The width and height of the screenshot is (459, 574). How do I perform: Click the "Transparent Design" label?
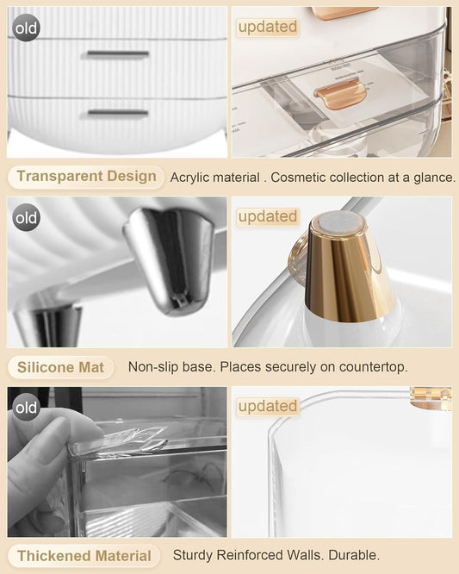point(86,177)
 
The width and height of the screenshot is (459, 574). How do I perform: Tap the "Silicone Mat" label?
point(60,367)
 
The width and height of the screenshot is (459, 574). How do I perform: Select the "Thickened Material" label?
point(84,556)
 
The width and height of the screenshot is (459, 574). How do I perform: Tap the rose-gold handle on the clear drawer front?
point(337,90)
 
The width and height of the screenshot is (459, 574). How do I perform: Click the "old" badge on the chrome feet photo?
point(27,217)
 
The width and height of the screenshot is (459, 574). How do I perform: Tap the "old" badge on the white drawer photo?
point(27,28)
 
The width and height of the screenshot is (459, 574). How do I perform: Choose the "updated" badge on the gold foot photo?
point(267,216)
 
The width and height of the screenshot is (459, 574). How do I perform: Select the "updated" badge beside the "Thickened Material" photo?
point(267,406)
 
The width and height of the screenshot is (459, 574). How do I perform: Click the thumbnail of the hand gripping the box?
point(117,461)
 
